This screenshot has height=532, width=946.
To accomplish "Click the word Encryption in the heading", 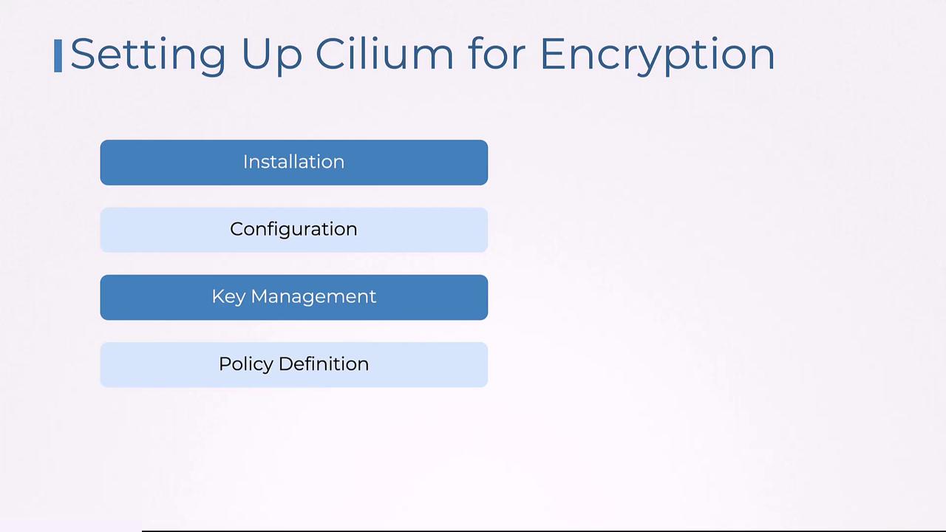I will (x=657, y=55).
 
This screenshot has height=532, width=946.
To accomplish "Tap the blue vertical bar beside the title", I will (x=58, y=56).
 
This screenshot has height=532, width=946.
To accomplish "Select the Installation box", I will (x=293, y=163).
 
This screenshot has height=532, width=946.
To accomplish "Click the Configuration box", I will (x=293, y=230).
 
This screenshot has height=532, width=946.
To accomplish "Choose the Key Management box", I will (x=293, y=297).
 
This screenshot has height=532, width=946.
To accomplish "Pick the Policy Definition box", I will (x=293, y=364).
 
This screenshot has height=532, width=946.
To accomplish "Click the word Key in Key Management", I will (x=228, y=297).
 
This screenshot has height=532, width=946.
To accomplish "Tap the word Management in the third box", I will (x=313, y=297).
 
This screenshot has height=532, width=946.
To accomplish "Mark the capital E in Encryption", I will (x=553, y=54).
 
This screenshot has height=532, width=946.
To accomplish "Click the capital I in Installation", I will (x=245, y=162).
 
